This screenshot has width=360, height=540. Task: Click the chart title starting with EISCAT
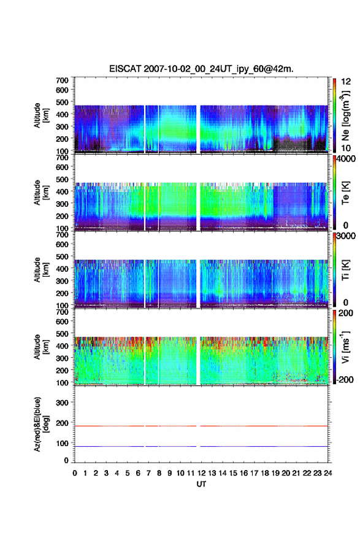201,69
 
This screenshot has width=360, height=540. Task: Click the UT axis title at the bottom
201,484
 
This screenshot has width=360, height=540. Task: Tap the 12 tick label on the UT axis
201,473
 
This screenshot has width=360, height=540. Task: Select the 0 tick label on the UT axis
75,473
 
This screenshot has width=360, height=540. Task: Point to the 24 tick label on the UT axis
327,473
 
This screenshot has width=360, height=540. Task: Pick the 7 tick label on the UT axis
148,473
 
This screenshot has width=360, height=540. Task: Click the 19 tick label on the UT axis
275,473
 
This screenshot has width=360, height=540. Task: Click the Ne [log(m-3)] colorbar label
345,115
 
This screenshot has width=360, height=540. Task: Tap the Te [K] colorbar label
345,193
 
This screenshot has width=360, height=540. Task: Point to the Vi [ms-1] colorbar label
345,347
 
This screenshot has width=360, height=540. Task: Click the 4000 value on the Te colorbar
346,159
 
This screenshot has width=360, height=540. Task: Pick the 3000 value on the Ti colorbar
346,236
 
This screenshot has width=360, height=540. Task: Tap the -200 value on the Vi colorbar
345,379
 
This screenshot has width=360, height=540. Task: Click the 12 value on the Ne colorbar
346,81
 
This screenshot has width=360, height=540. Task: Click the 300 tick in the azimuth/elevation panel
62,403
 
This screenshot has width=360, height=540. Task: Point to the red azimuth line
201,426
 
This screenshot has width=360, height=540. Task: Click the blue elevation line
201,446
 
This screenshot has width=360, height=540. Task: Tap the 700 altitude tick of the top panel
62,80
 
